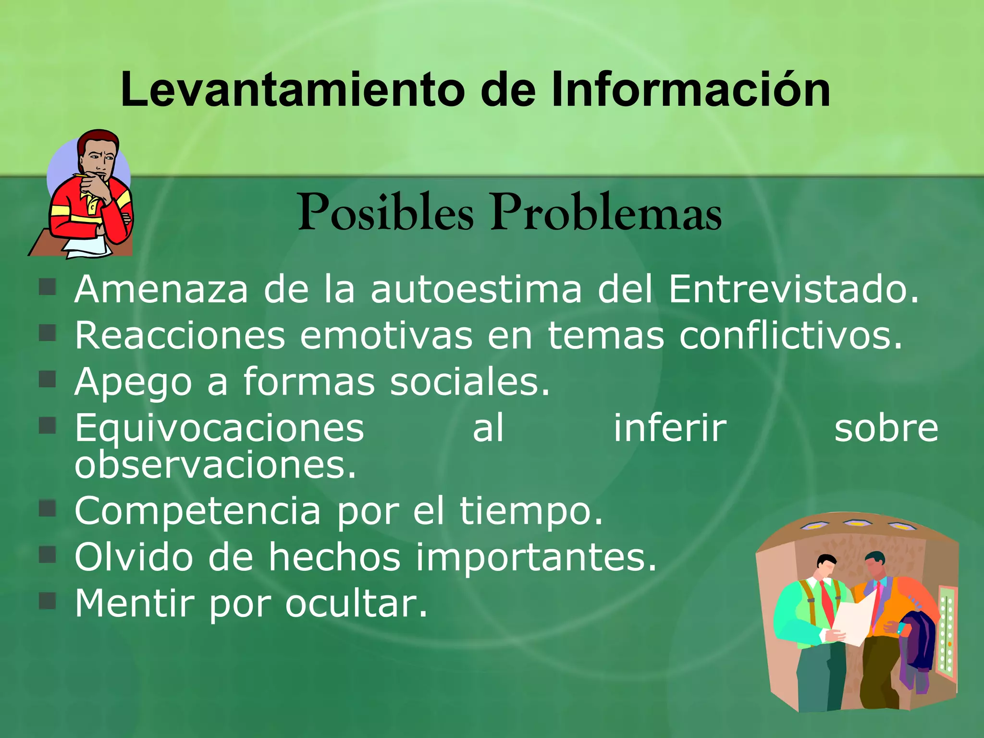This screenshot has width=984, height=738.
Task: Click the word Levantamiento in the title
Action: click(293, 89)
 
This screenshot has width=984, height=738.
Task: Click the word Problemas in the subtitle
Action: click(606, 212)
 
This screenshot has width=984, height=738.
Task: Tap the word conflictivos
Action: click(791, 335)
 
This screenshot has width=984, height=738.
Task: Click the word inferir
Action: click(670, 428)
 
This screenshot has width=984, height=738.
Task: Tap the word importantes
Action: click(536, 557)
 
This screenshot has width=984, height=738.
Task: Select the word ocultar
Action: click(356, 603)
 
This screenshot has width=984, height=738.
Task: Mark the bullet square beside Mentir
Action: click(48, 601)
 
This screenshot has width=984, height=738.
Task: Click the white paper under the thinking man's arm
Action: click(86, 247)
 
